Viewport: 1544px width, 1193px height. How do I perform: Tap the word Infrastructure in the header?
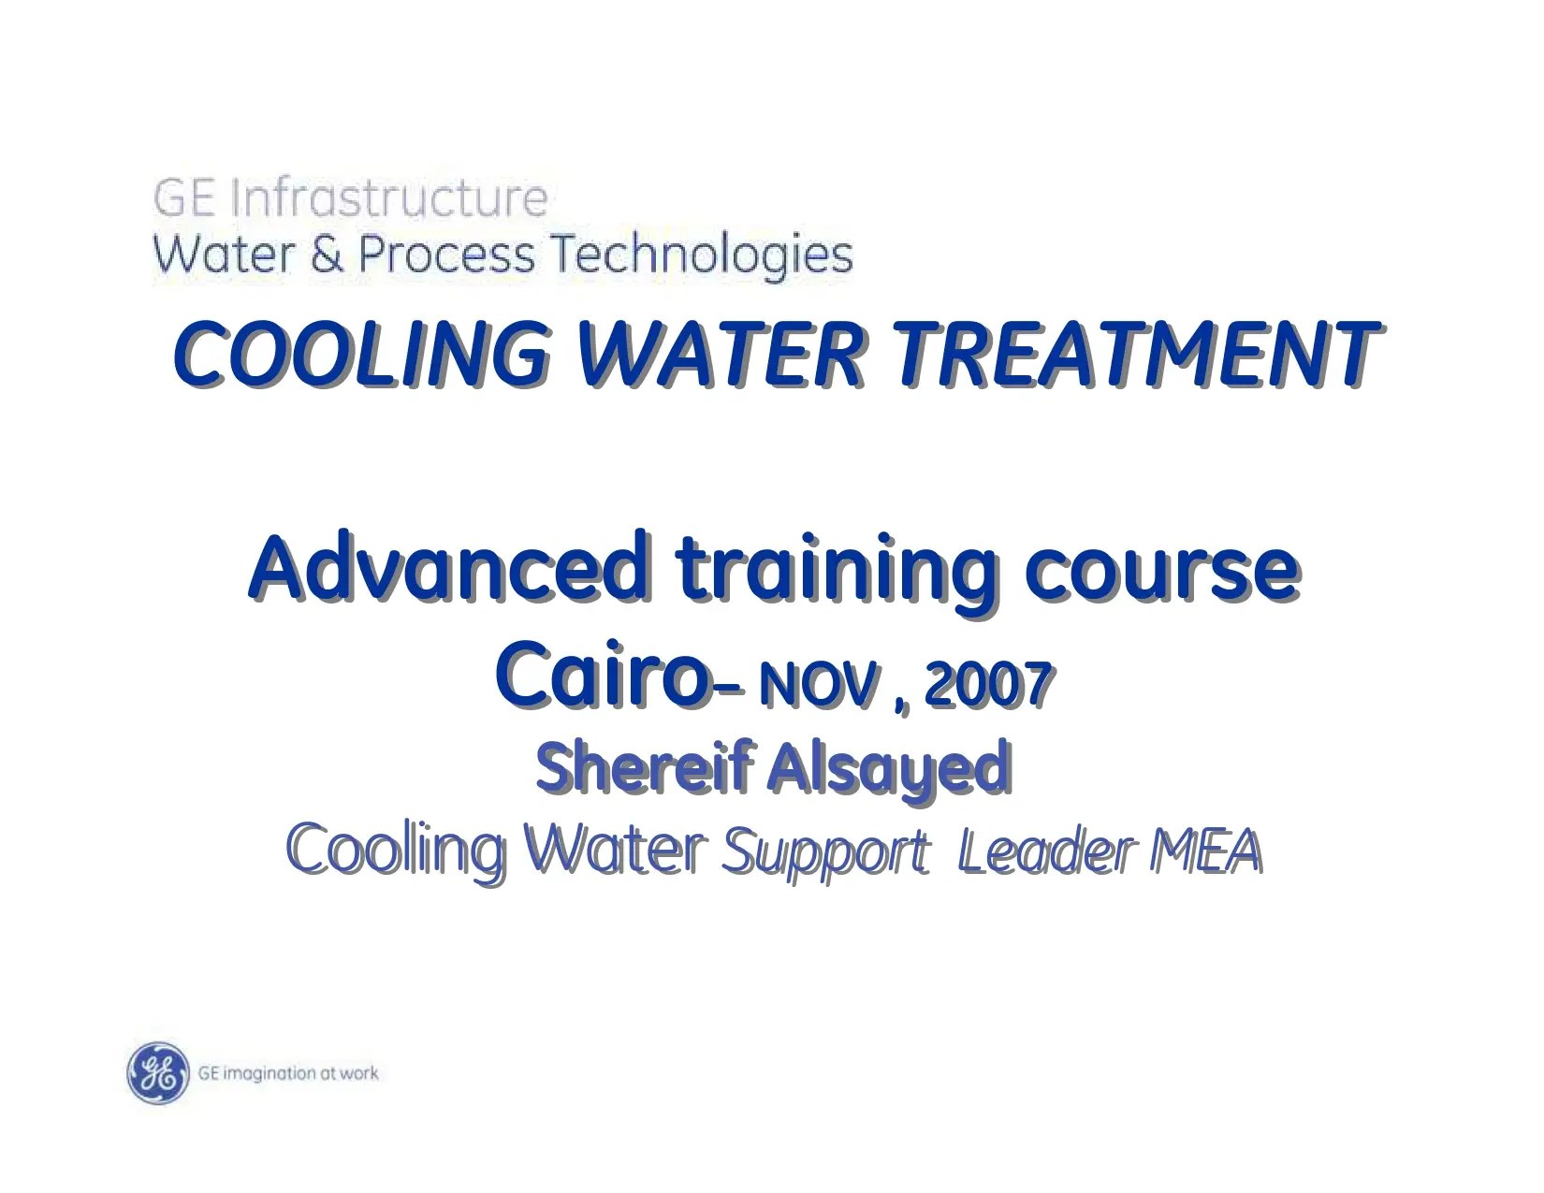pos(388,198)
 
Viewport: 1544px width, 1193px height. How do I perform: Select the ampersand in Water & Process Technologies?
pos(327,255)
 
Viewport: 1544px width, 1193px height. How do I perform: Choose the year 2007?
pos(988,685)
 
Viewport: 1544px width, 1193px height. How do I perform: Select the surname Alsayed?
pos(889,769)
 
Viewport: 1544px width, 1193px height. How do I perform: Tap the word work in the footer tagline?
pos(359,1072)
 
